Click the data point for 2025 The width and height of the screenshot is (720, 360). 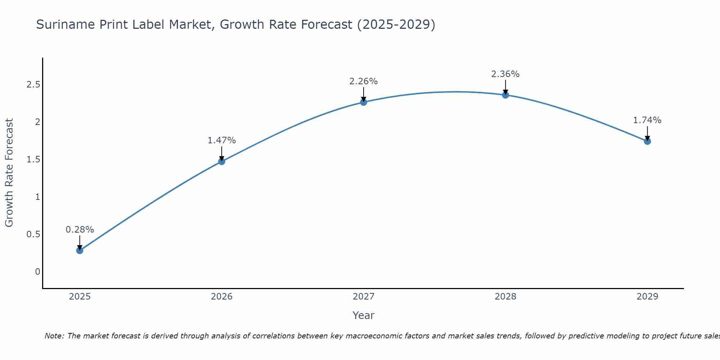coord(80,251)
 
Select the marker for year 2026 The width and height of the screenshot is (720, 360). coord(222,161)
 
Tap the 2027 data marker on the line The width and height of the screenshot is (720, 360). coord(364,102)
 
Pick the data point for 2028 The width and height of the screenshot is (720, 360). coord(505,95)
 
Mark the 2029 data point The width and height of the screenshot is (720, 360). coord(647,141)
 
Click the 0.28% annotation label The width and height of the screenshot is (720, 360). coord(80,230)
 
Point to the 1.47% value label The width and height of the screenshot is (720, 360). coord(222,140)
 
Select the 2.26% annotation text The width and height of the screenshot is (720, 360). coord(364,81)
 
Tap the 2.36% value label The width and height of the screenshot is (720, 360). coord(505,74)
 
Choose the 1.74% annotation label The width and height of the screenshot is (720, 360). coord(647,120)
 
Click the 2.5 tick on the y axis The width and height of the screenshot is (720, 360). coord(33,85)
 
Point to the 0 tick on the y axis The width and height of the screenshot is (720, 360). coord(37,272)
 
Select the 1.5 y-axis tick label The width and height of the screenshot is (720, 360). coord(33,159)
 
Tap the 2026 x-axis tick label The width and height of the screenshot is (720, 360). coord(222,297)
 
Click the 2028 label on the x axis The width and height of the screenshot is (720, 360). coord(505,297)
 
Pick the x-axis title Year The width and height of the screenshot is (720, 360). coord(364,315)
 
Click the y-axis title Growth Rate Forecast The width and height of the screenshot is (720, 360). coord(9,173)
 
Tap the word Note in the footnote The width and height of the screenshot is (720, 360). coord(54,336)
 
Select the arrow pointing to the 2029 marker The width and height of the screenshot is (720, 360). coord(647,133)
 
